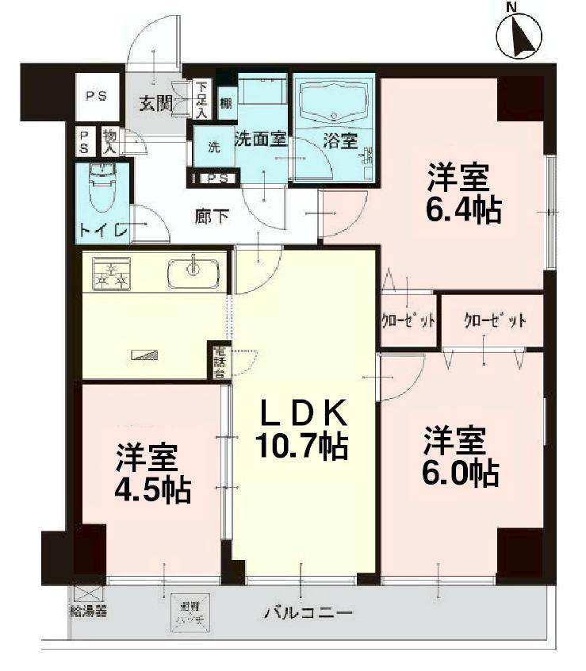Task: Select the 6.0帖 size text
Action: pos(460,474)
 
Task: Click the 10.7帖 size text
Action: pos(301,447)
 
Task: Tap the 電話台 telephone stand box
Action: pos(220,360)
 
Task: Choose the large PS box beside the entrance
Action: pos(97,97)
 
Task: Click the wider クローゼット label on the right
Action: pos(495,320)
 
